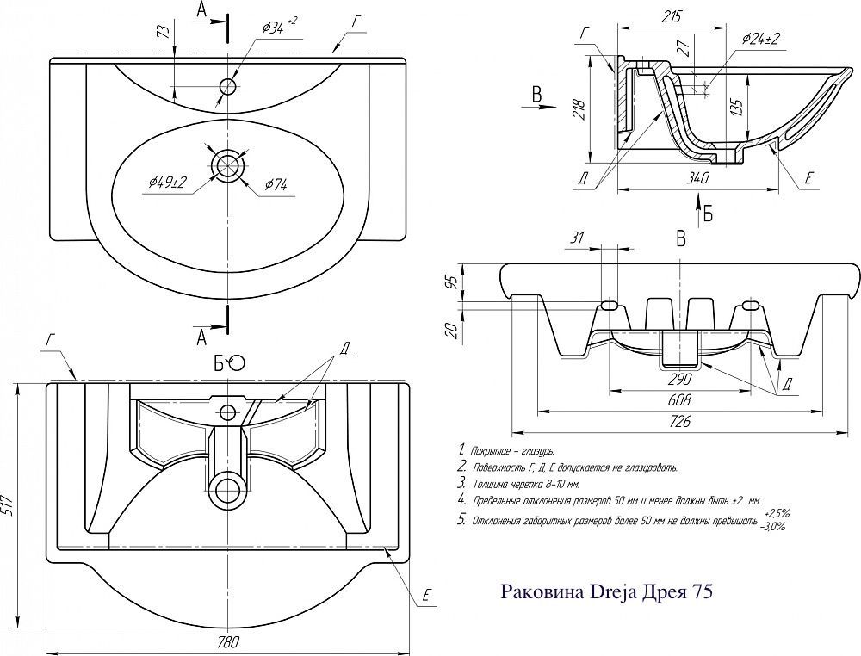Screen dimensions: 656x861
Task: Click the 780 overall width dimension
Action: click(226, 642)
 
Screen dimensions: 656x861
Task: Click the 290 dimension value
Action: click(680, 379)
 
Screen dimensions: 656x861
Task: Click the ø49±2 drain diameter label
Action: click(168, 182)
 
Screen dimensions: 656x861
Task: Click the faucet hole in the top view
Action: click(228, 86)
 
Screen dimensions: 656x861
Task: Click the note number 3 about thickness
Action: click(462, 483)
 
